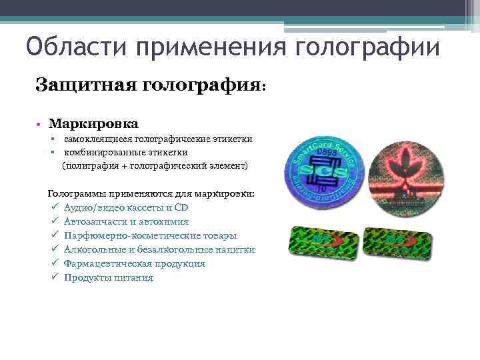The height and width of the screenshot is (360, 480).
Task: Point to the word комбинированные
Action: click(103, 151)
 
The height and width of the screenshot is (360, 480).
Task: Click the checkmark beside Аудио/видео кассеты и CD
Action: click(53, 207)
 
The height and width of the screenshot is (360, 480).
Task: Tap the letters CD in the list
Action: click(181, 207)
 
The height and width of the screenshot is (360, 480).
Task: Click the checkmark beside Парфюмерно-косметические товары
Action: click(53, 235)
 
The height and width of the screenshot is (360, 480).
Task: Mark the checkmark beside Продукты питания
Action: click(53, 277)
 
